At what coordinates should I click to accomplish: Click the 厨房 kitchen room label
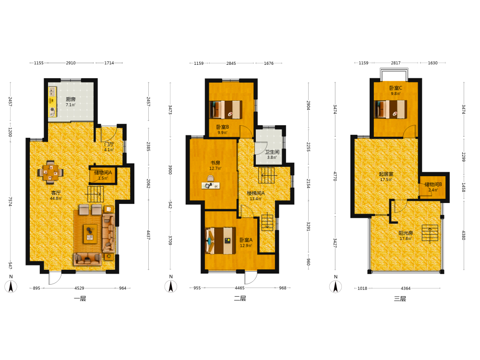pos(71,99)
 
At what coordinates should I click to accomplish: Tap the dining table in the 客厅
pos(50,173)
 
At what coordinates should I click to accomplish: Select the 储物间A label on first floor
pos(103,173)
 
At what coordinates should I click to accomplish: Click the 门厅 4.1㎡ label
pos(109,146)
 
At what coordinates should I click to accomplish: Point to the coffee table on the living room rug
pos(90,234)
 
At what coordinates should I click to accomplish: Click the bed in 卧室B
pos(226,109)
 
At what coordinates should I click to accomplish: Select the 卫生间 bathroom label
pos(272,152)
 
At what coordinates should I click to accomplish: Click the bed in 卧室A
pos(220,240)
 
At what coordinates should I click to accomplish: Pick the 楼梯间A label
pos(256,193)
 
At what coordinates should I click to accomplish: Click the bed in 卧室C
pos(391,109)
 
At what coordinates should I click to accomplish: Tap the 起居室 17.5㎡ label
pos(386,177)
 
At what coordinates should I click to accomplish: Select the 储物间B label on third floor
pos(433,184)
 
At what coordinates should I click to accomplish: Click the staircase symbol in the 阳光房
pos(430,233)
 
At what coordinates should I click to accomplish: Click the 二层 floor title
pos(240,299)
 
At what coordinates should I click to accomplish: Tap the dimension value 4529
pos(79,288)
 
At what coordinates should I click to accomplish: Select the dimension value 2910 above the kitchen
pos(71,63)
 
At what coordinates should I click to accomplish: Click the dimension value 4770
pos(335,177)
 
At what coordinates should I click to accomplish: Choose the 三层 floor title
pos(400,299)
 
